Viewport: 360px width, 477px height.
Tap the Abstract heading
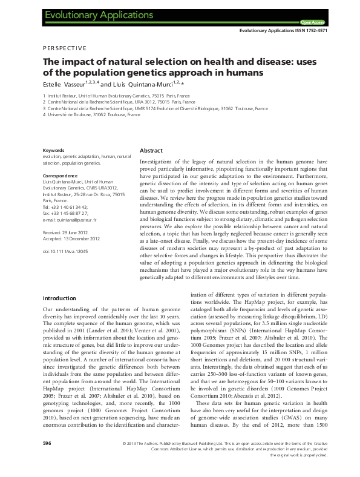[x=151, y=150]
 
